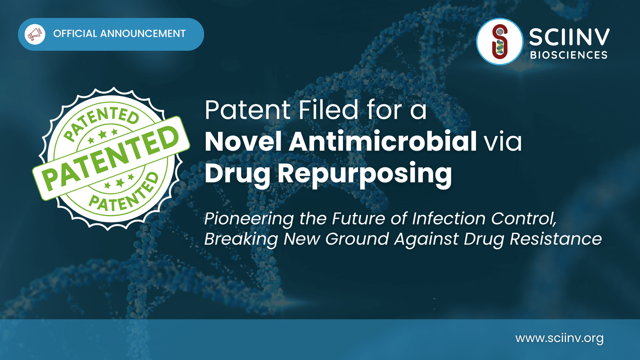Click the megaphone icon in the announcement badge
click(x=35, y=34)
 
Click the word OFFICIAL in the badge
click(x=75, y=34)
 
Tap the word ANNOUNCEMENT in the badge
click(x=143, y=34)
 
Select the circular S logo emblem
click(x=500, y=42)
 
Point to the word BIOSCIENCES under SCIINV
click(x=569, y=55)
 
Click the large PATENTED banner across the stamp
click(x=111, y=158)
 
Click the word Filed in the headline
click(x=328, y=110)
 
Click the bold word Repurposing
click(x=365, y=174)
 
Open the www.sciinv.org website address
click(x=560, y=338)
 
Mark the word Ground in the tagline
click(x=357, y=239)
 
